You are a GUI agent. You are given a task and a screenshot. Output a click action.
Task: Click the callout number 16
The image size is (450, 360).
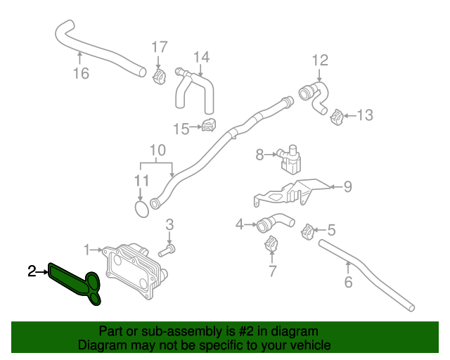(x=81, y=72)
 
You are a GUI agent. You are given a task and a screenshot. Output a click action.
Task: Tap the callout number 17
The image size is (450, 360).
(x=160, y=47)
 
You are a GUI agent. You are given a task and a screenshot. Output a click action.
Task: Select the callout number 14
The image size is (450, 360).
(x=201, y=56)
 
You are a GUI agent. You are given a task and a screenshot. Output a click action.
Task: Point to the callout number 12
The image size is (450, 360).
(x=320, y=60)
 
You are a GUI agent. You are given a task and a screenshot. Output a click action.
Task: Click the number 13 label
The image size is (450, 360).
(x=365, y=115)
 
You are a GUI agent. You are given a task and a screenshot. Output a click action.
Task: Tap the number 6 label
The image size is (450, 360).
(x=348, y=283)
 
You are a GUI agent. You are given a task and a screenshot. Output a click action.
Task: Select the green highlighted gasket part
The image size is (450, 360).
(x=74, y=282)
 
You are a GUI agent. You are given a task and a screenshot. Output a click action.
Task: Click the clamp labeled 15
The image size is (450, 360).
(x=208, y=126)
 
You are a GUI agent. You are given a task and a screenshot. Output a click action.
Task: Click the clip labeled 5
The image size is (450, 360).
(x=307, y=230)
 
